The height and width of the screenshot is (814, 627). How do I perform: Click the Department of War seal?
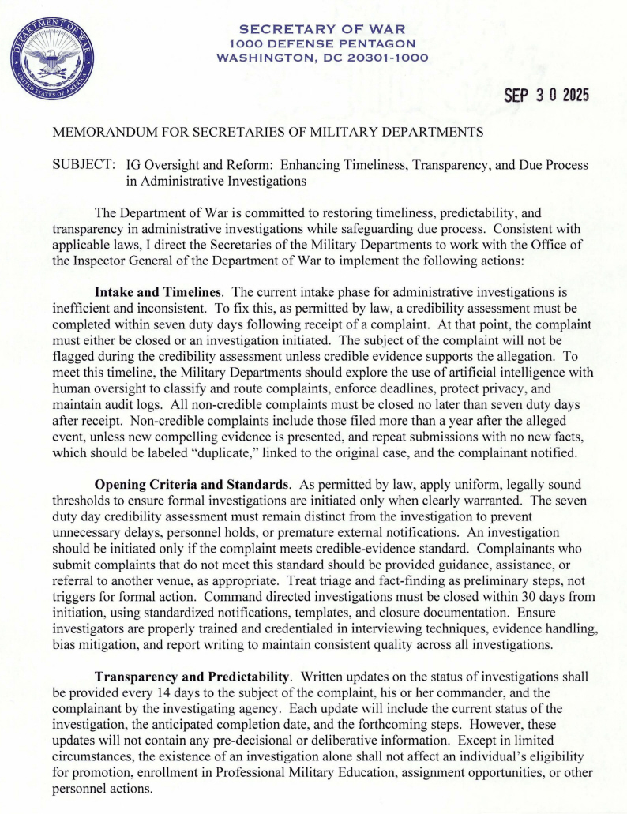52,58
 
